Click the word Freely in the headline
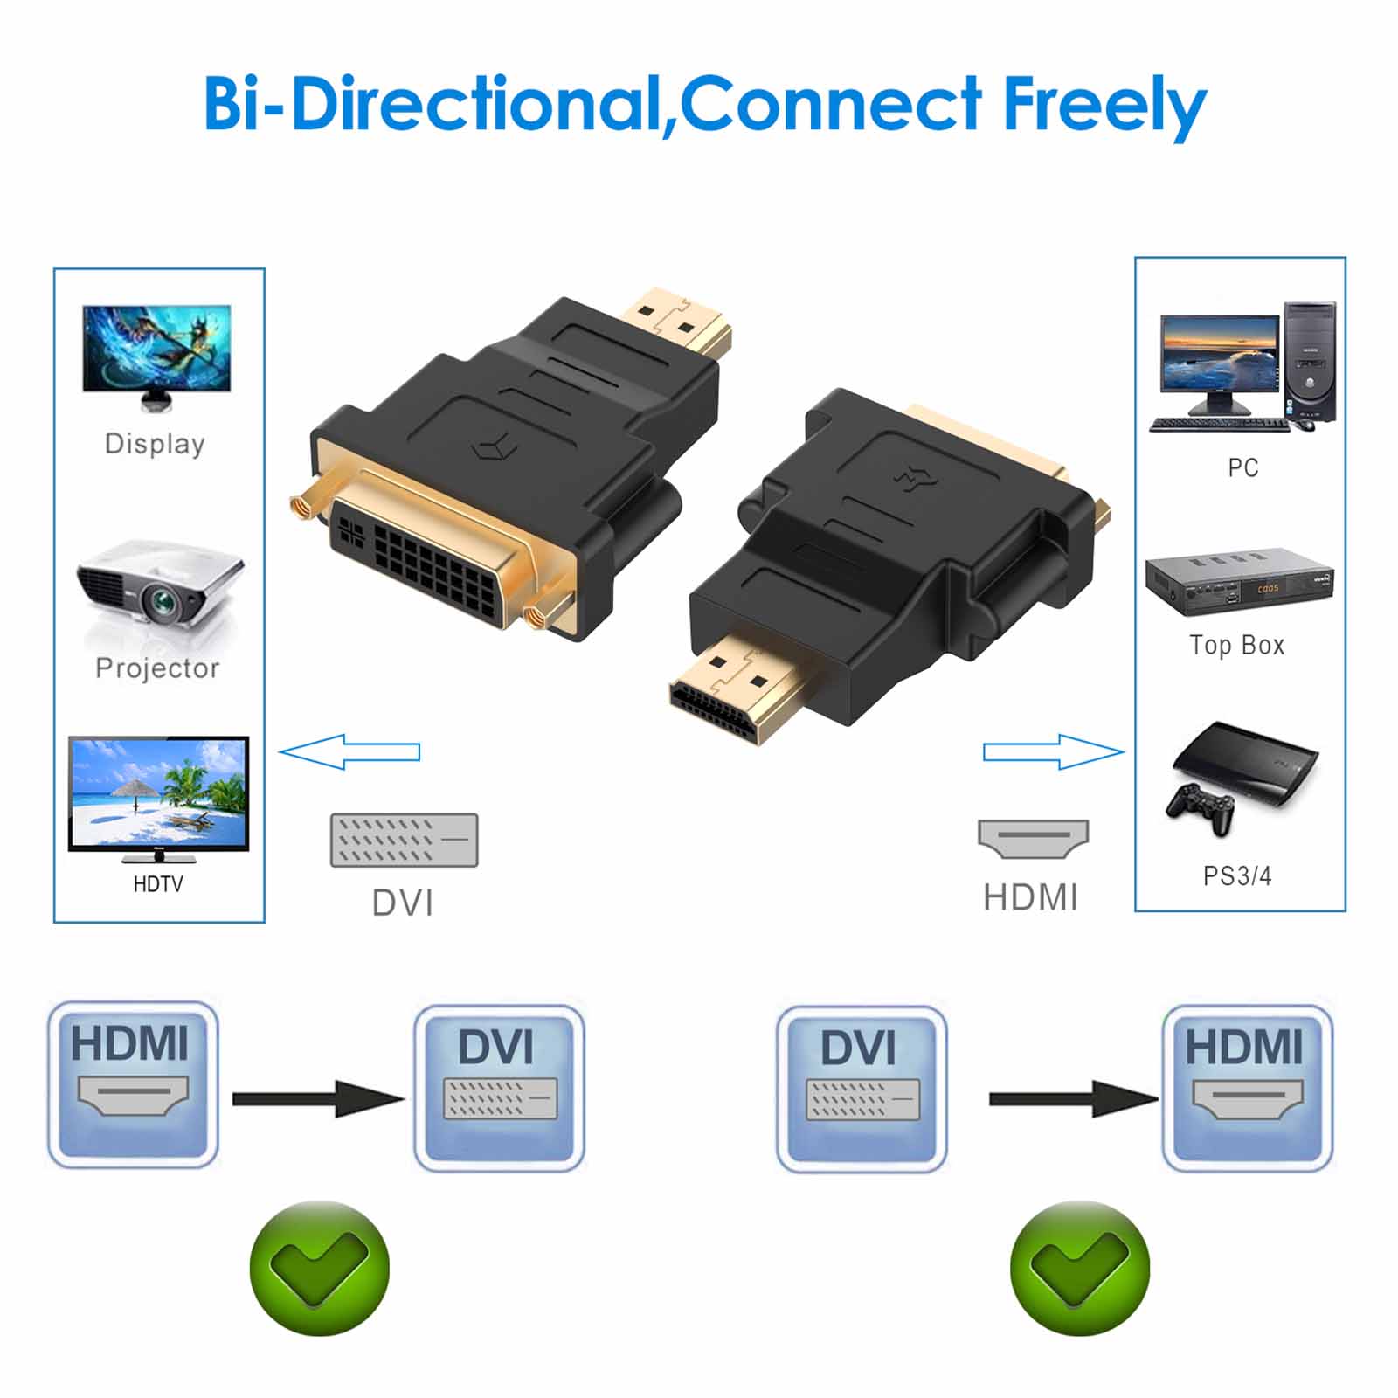1104,105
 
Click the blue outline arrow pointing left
349,751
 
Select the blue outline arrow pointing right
1054,751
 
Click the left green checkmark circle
319,1267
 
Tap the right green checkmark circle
1079,1267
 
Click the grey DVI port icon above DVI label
404,840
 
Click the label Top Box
1236,645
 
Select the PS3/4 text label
1236,875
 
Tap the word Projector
157,668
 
